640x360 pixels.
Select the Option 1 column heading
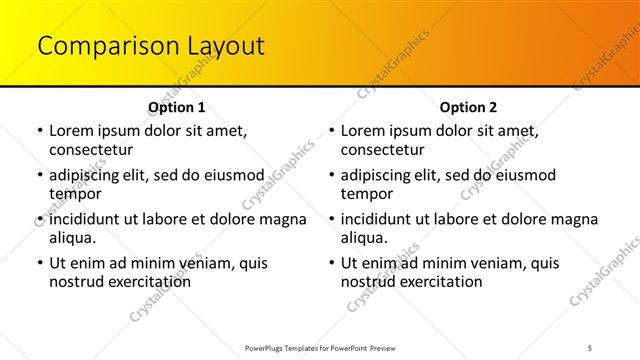point(177,107)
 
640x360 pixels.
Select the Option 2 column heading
point(469,107)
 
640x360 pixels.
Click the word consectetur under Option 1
point(91,150)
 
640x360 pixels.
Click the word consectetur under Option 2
point(383,150)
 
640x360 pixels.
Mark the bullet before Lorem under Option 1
point(39,131)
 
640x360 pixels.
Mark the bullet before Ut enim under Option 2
point(331,264)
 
